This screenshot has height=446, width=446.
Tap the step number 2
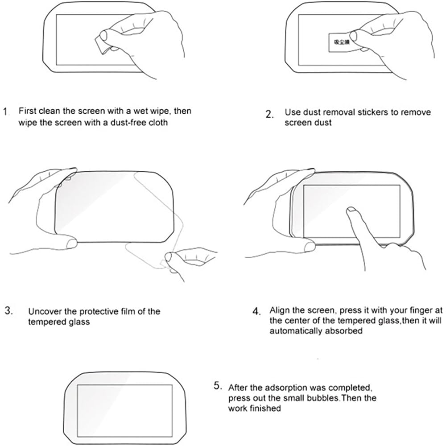click(x=269, y=115)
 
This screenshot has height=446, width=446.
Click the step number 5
click(x=217, y=384)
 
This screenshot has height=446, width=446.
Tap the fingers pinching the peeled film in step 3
click(x=171, y=258)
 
